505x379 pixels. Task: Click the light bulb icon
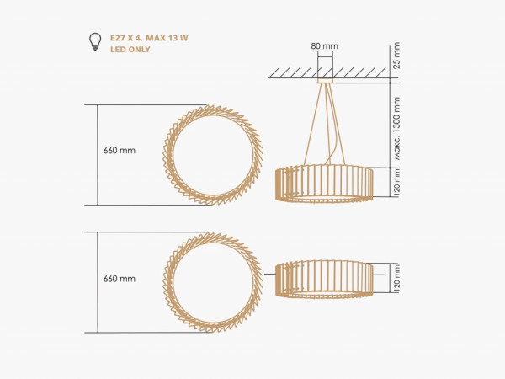click(95, 40)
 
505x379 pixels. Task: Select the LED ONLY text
click(130, 50)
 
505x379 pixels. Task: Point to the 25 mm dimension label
click(396, 60)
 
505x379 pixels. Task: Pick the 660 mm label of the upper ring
click(119, 151)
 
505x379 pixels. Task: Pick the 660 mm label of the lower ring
click(119, 277)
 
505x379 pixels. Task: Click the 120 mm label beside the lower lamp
click(396, 279)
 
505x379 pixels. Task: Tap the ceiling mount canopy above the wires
click(326, 82)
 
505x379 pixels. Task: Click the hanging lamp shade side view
click(324, 184)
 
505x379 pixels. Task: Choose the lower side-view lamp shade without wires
click(324, 278)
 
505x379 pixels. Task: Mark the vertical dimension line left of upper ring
click(98, 154)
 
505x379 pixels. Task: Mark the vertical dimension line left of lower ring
click(98, 282)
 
